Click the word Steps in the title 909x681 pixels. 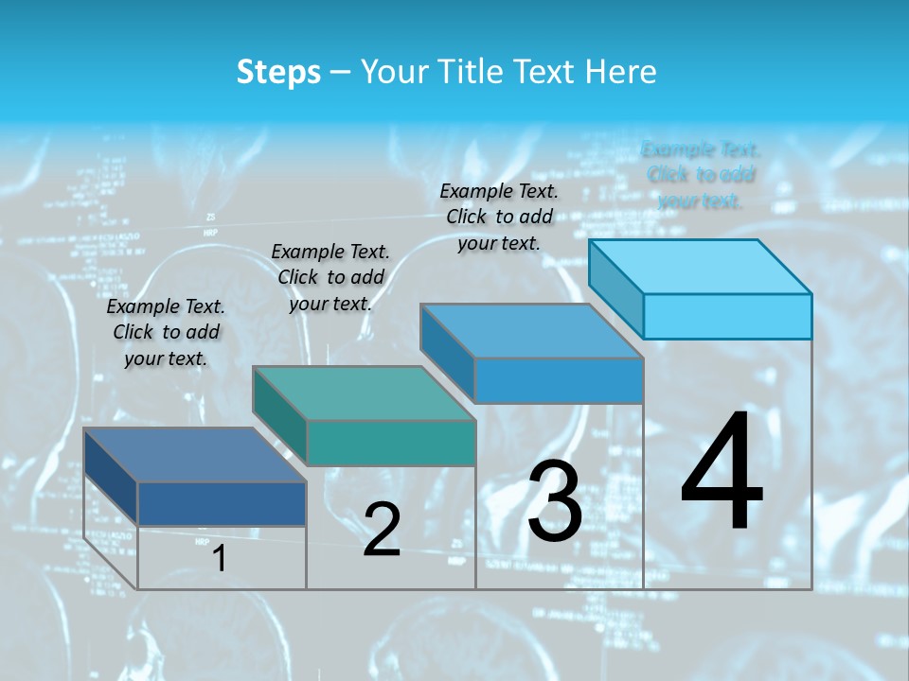[x=278, y=72]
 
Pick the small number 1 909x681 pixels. [x=220, y=558]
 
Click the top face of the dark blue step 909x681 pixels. [x=194, y=455]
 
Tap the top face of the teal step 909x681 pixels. [x=364, y=393]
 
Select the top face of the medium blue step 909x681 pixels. [x=531, y=331]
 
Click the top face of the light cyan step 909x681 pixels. [x=701, y=267]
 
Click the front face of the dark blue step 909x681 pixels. [x=222, y=503]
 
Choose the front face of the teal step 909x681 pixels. [x=390, y=443]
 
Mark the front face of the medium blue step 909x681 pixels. [x=559, y=380]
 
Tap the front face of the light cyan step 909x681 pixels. [x=727, y=316]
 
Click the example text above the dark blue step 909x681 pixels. [x=166, y=332]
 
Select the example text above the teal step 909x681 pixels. [x=330, y=277]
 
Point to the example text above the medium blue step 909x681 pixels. [x=499, y=217]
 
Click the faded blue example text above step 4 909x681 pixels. [x=701, y=174]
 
